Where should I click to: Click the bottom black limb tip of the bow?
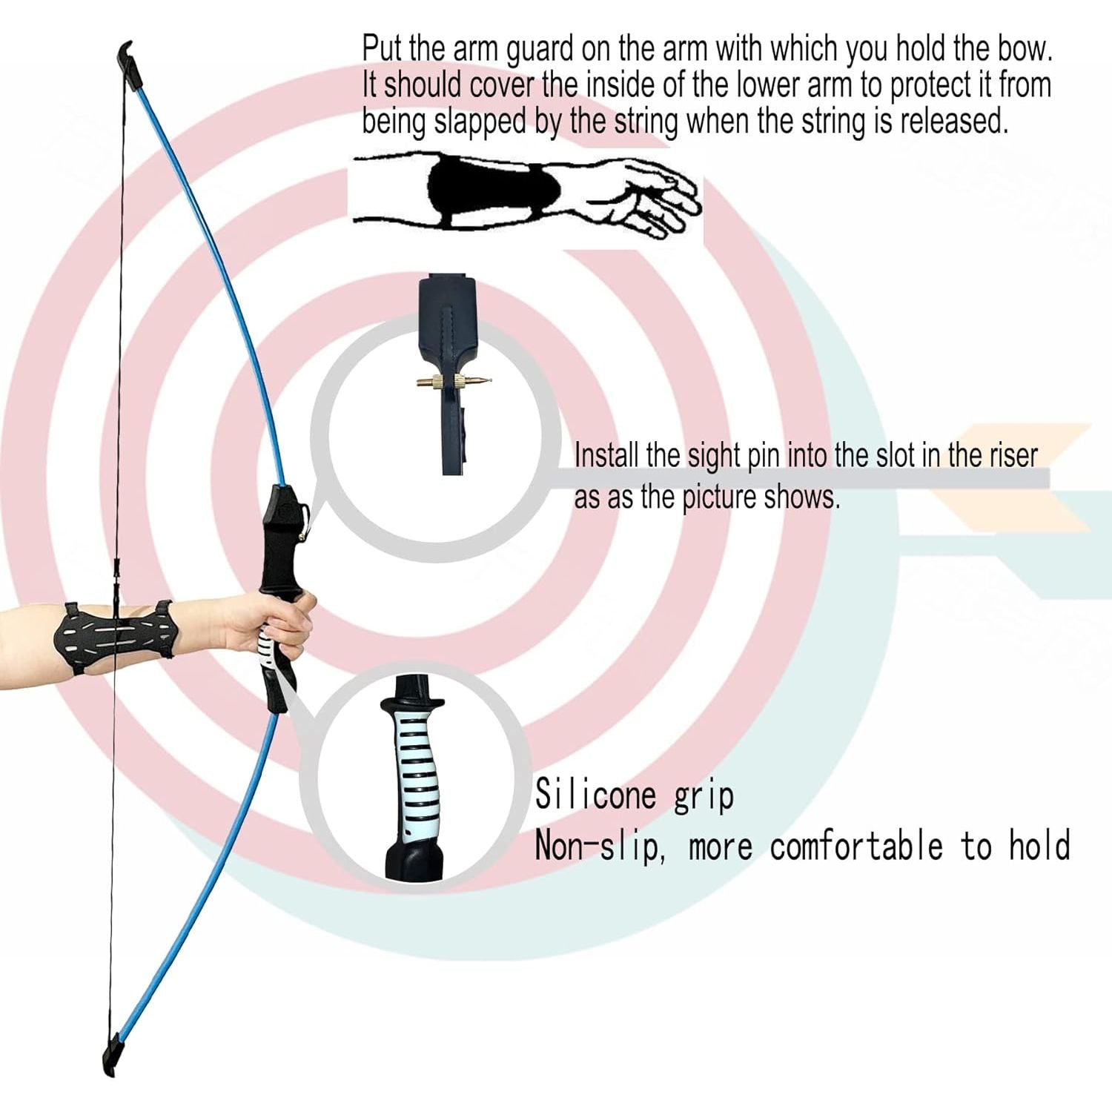(113, 1057)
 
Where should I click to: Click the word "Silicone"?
(596, 795)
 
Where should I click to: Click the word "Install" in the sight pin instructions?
(606, 454)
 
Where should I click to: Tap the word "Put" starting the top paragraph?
(382, 49)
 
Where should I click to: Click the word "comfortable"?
(856, 846)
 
